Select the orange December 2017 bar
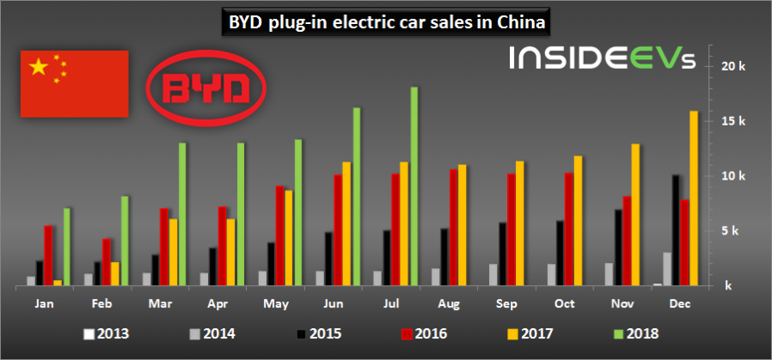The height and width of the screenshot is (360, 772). coord(694,198)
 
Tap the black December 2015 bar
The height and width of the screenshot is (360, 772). coord(676,230)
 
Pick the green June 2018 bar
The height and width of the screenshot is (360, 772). coord(357,197)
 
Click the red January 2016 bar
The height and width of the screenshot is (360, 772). coord(48,255)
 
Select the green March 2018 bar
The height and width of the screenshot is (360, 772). coord(182,214)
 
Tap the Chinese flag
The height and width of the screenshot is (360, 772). coord(74,83)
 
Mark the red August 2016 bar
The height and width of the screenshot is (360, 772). coord(453,228)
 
